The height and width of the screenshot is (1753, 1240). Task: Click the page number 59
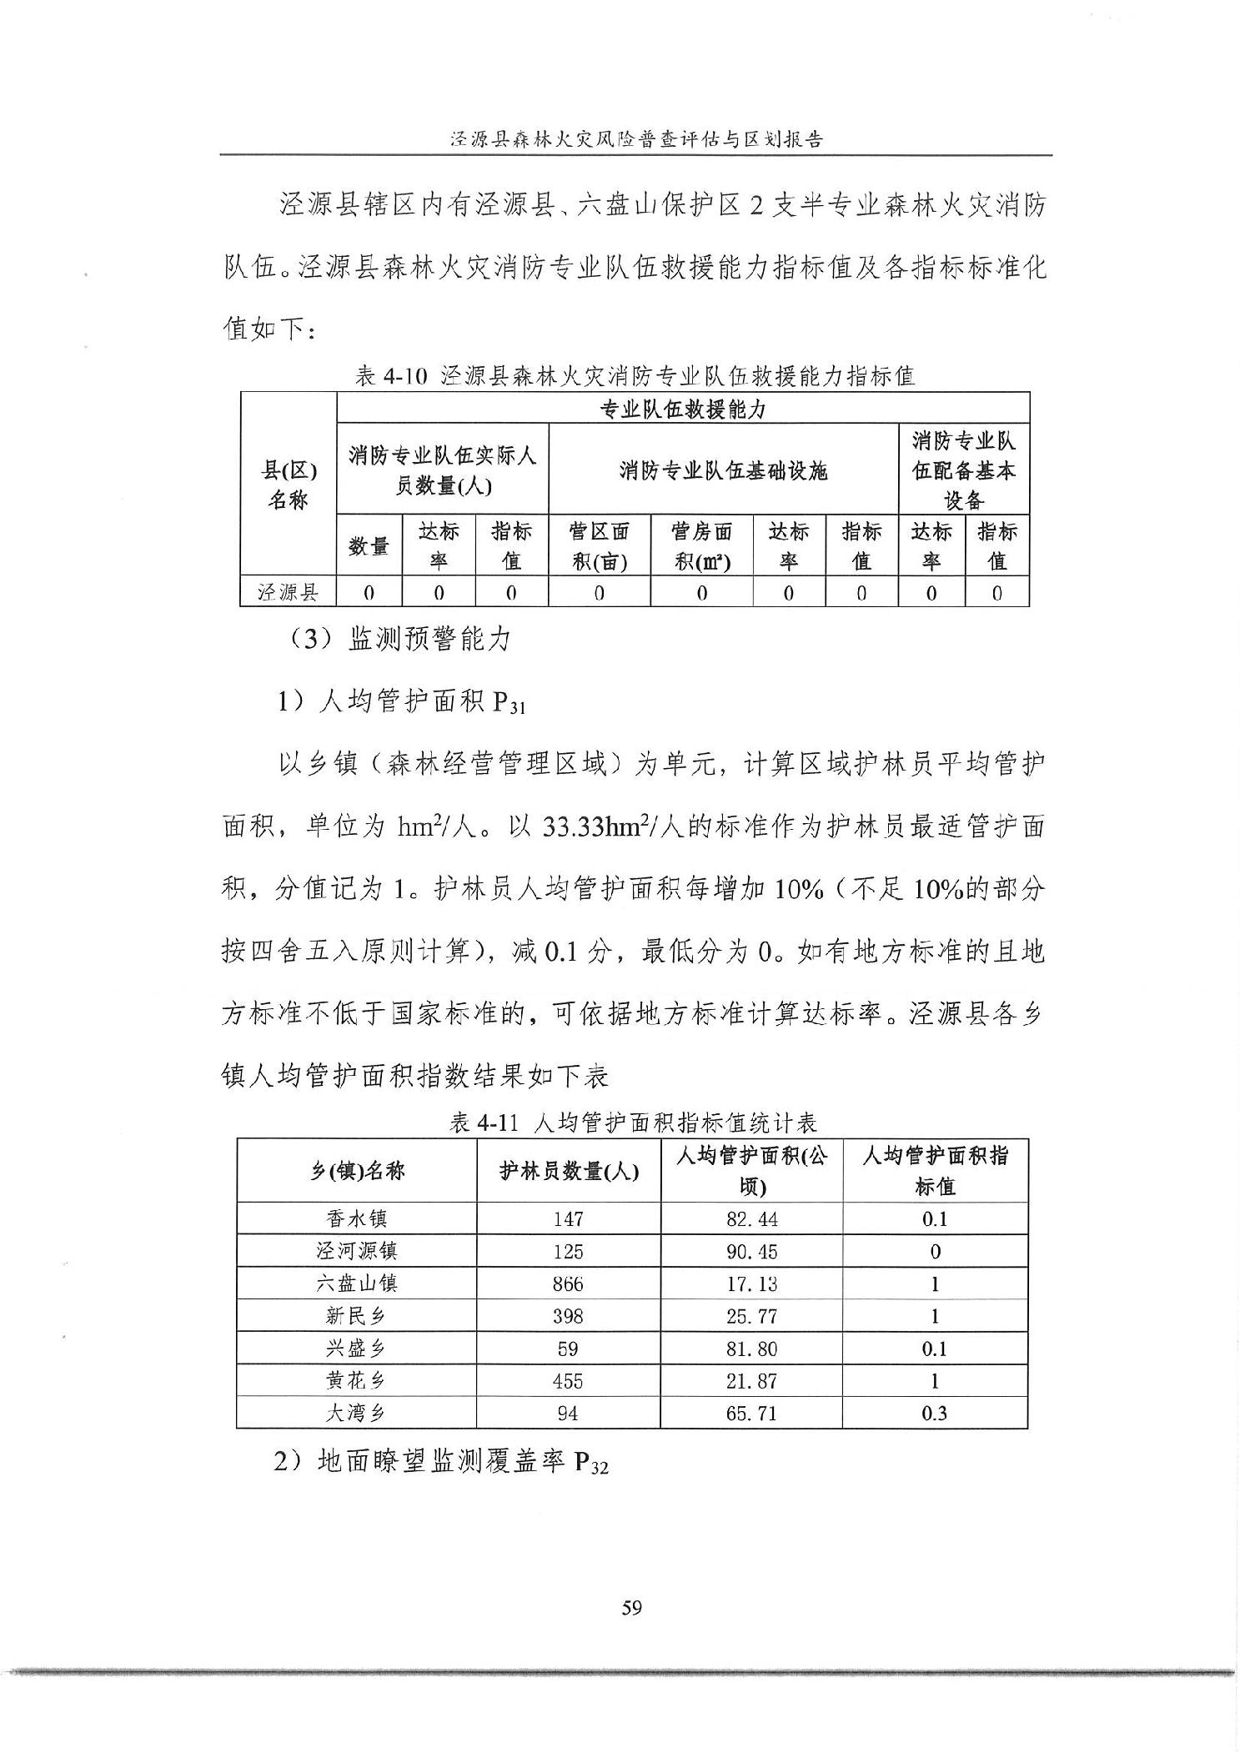(x=631, y=1607)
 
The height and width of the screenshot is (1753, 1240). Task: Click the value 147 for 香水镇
(x=568, y=1219)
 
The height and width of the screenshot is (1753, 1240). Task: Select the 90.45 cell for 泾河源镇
(x=751, y=1252)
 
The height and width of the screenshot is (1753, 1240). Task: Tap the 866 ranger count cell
(x=568, y=1284)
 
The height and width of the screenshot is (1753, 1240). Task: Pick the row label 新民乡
(x=356, y=1317)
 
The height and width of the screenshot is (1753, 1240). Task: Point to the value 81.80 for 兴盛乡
(x=751, y=1349)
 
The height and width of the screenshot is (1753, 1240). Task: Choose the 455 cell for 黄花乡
(x=568, y=1381)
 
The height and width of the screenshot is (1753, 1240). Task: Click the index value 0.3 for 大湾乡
(x=934, y=1414)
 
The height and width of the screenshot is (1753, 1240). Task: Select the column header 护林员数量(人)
(x=569, y=1171)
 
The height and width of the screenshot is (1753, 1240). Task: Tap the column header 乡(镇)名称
(x=357, y=1171)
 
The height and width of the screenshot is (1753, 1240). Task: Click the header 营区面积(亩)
(x=599, y=545)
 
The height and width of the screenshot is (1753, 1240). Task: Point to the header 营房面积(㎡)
(x=701, y=545)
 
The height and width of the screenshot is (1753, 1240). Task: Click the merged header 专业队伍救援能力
(x=682, y=409)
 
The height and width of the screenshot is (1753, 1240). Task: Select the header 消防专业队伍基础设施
(x=723, y=471)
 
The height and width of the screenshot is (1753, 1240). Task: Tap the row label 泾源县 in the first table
(x=288, y=593)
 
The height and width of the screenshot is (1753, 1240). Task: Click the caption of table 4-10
(x=635, y=376)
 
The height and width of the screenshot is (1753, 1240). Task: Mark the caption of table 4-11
(x=632, y=1123)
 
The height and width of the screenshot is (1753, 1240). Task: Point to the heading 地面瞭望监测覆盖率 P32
(x=441, y=1462)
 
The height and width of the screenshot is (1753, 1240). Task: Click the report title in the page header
(x=635, y=139)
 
